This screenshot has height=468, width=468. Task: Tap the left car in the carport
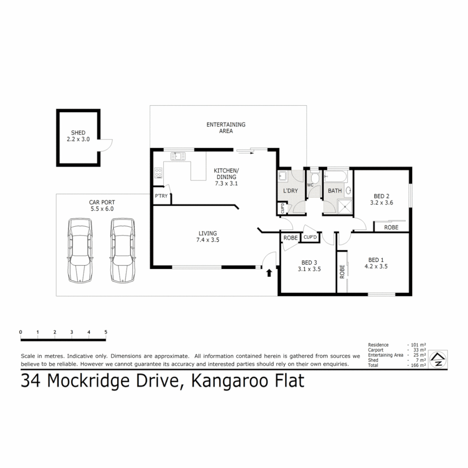[80, 250]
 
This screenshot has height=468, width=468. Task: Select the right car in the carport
[122, 250]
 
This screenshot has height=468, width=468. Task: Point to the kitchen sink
[178, 156]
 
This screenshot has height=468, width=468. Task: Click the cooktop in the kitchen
[158, 173]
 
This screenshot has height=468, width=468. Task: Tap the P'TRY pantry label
[161, 197]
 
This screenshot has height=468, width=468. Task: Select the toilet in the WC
[315, 178]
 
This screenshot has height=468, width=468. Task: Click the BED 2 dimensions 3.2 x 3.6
[381, 202]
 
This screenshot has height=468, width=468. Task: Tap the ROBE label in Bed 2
[391, 227]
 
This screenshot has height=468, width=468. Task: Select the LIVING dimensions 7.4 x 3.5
[207, 240]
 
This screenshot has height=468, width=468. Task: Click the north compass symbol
[439, 360]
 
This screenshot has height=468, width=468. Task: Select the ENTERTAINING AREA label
[226, 127]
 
